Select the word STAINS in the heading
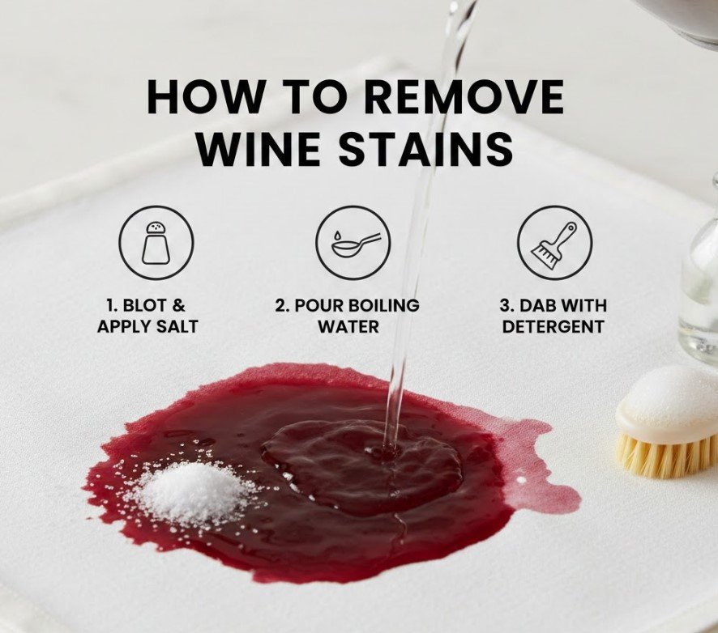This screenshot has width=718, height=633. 428,149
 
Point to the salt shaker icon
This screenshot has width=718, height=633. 156,243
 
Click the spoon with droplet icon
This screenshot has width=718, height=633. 353,243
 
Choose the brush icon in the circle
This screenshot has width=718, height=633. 554,243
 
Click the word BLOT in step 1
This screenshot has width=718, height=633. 140,305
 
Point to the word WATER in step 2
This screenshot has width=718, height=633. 348,326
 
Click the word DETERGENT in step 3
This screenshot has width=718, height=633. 553,326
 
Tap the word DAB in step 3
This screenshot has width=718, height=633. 537,305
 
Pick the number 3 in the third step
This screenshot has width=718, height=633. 505,305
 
